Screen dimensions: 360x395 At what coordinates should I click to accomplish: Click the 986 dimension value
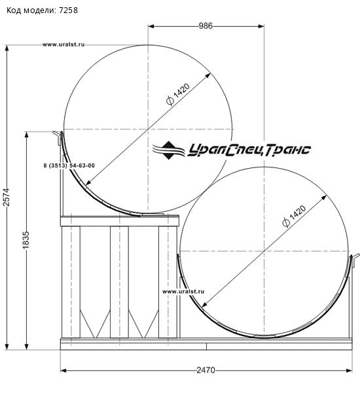tap(206, 26)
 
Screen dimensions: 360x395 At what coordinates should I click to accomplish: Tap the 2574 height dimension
tap(6, 197)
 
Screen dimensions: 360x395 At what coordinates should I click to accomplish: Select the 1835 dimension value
tap(26, 240)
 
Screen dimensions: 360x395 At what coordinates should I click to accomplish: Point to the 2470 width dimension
tap(206, 370)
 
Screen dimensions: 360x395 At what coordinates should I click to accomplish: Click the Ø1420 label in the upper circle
tap(178, 94)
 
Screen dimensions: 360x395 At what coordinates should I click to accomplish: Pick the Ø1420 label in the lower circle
tap(294, 216)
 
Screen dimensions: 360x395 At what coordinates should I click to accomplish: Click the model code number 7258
tap(68, 10)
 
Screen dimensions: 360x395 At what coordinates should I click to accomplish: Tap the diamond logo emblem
tap(168, 150)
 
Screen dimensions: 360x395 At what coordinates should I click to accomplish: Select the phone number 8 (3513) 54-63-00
tap(69, 165)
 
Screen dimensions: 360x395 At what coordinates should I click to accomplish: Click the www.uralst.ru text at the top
tap(63, 44)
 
